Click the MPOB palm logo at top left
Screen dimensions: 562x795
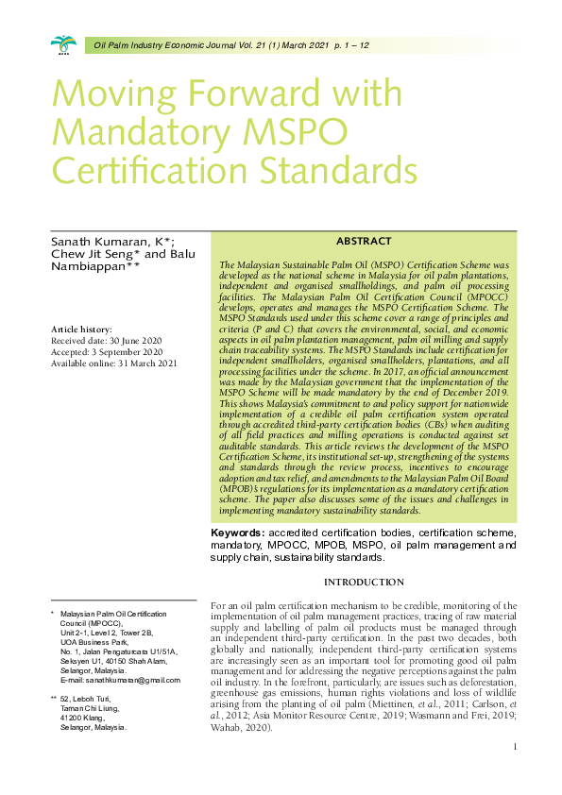(x=64, y=43)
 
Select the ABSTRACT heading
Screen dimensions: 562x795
(x=364, y=243)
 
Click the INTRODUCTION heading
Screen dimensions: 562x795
(x=364, y=582)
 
